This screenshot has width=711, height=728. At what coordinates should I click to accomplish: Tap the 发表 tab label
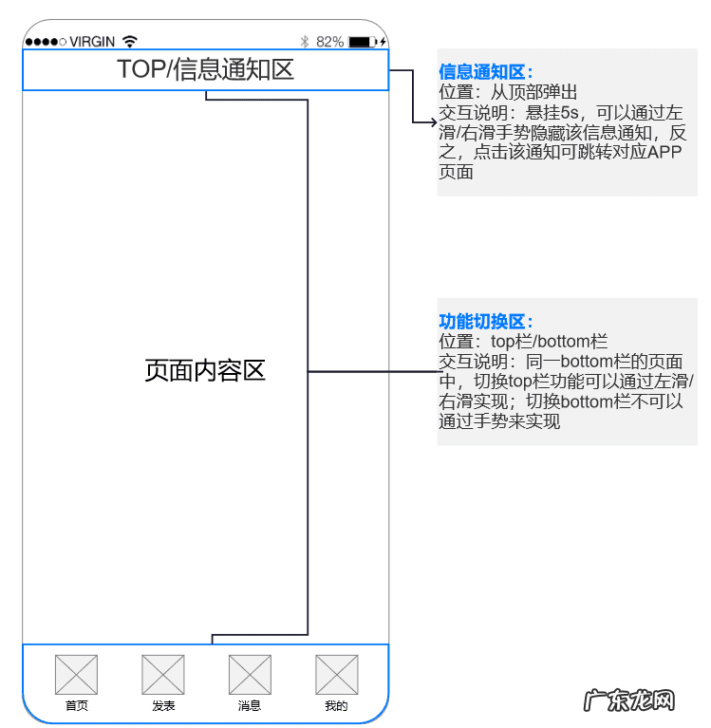pyautogui.click(x=163, y=706)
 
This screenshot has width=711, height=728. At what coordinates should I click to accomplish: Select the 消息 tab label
pyautogui.click(x=250, y=706)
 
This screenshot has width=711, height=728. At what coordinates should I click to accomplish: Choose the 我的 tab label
pyautogui.click(x=336, y=706)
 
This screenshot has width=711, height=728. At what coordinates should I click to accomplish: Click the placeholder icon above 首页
pyautogui.click(x=77, y=674)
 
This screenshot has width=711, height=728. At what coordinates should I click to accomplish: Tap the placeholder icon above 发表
pyautogui.click(x=163, y=674)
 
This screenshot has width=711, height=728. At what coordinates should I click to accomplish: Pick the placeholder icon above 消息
pyautogui.click(x=250, y=674)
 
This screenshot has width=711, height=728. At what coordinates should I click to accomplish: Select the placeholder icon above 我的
pyautogui.click(x=336, y=674)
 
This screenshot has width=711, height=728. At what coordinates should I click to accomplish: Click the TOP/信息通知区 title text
pyautogui.click(x=205, y=69)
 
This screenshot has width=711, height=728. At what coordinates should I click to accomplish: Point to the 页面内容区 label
pyautogui.click(x=205, y=370)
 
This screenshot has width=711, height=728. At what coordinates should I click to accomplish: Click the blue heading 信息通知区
pyautogui.click(x=485, y=72)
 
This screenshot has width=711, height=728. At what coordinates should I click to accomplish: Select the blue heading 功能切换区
pyautogui.click(x=485, y=322)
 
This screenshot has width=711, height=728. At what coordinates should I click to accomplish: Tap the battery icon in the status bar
pyautogui.click(x=364, y=42)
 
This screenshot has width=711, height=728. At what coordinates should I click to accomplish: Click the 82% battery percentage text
pyautogui.click(x=329, y=42)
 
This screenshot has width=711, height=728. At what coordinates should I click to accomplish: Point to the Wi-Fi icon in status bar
pyautogui.click(x=130, y=42)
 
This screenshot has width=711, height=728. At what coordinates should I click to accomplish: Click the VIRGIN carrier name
pyautogui.click(x=92, y=42)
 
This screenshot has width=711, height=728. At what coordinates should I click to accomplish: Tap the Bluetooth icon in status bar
pyautogui.click(x=305, y=42)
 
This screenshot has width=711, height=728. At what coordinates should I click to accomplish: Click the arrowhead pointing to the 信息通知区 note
pyautogui.click(x=432, y=121)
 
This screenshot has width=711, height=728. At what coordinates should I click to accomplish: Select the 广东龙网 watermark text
pyautogui.click(x=628, y=701)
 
